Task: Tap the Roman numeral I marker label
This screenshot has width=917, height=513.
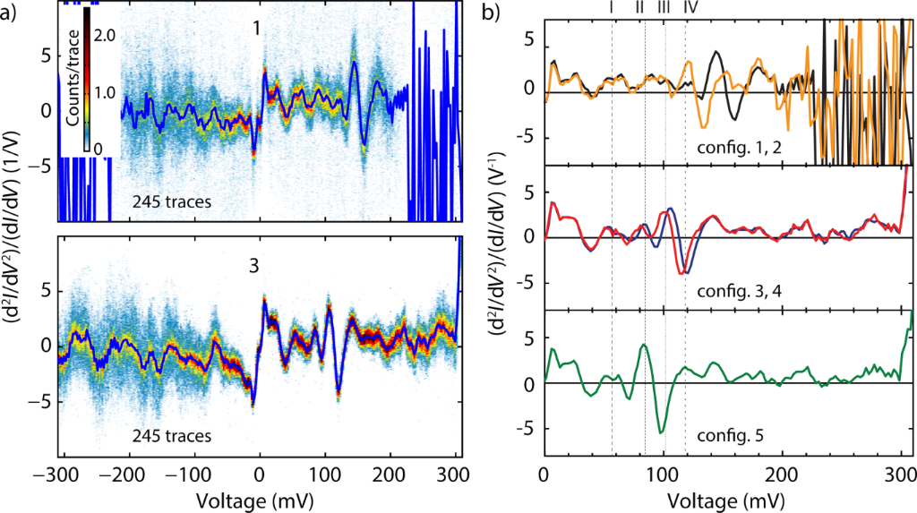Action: point(611,7)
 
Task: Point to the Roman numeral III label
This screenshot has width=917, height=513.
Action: point(664,7)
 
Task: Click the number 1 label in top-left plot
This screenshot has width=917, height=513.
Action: point(256,30)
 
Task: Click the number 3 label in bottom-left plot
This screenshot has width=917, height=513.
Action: point(255,267)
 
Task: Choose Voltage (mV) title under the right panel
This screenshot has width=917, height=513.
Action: point(724,497)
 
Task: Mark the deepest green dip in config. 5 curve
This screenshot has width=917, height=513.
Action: point(661,432)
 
